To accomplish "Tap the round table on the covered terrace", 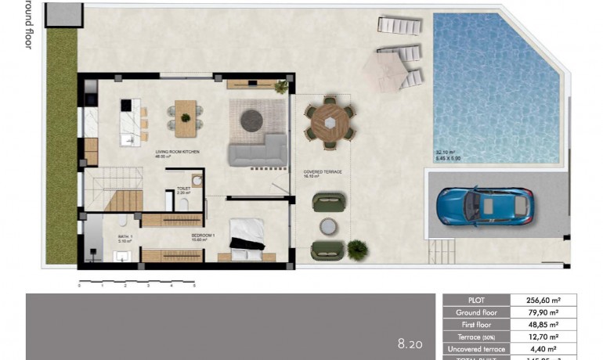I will coord(330,122).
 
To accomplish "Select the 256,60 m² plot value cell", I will coord(543,299).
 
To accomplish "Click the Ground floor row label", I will coord(476,311).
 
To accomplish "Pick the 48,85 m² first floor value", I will coord(543,324).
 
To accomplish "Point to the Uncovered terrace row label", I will coord(476,349).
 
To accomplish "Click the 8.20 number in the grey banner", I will coord(410,343).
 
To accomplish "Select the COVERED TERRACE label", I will coord(318,171).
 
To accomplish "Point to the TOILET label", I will coord(184,188).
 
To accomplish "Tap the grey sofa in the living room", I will coord(258,149).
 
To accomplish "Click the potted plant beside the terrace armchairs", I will coord(357,249).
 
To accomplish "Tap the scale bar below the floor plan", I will coord(136,280).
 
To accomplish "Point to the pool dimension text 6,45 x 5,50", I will coord(450,159).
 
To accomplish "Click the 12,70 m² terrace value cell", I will coord(543,337).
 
